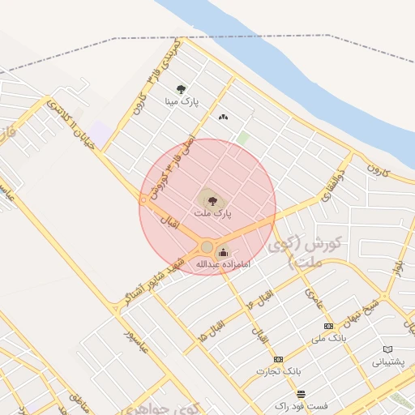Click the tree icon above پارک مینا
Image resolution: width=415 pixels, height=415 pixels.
tap(181, 89)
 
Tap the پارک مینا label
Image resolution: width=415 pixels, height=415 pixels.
tap(182, 102)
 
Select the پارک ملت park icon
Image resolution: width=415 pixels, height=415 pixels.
tap(209, 198)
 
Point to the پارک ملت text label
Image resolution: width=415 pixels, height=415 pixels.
tap(212, 212)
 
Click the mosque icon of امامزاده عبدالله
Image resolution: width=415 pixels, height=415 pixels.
tap(224, 252)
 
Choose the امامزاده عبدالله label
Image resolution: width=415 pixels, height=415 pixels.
tap(224, 264)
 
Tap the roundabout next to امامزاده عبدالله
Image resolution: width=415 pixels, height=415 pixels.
tap(207, 246)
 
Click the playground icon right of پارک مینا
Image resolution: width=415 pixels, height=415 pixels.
tap(223, 118)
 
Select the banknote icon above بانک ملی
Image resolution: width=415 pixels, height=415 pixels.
tap(327, 325)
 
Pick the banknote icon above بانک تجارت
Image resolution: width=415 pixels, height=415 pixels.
tap(279, 359)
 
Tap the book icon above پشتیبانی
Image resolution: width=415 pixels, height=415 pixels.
tap(387, 350)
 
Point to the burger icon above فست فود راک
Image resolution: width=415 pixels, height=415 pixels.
tap(301, 394)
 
